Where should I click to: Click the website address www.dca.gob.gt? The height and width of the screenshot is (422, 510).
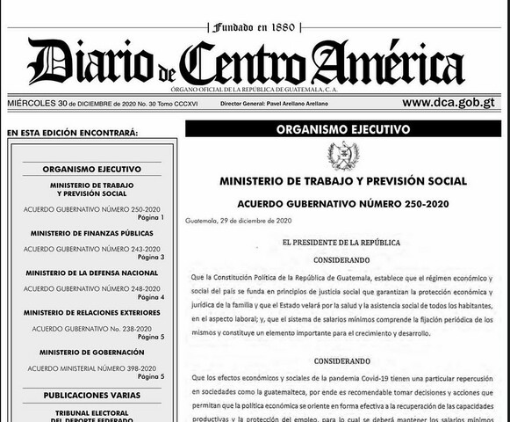tap(449, 103)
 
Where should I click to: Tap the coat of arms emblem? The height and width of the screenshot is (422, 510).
tap(342, 156)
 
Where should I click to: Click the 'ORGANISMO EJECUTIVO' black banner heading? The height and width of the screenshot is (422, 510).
tap(342, 128)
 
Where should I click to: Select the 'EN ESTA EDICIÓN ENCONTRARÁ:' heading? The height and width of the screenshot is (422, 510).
tap(71, 133)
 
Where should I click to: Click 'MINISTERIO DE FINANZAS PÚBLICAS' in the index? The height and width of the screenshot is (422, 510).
tap(91, 233)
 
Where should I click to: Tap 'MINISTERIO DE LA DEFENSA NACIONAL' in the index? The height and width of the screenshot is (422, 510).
tap(91, 273)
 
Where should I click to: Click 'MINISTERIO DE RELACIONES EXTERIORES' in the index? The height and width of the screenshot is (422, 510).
tap(91, 312)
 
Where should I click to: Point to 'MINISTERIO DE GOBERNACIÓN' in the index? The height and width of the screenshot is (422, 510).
tap(91, 353)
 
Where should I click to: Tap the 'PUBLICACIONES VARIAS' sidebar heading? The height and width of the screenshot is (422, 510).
tap(91, 395)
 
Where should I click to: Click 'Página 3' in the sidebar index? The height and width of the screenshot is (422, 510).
tap(150, 257)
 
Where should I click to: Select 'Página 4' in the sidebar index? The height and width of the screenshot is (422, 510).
tap(150, 296)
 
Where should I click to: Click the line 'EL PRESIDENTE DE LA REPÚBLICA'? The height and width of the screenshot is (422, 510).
tap(341, 241)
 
